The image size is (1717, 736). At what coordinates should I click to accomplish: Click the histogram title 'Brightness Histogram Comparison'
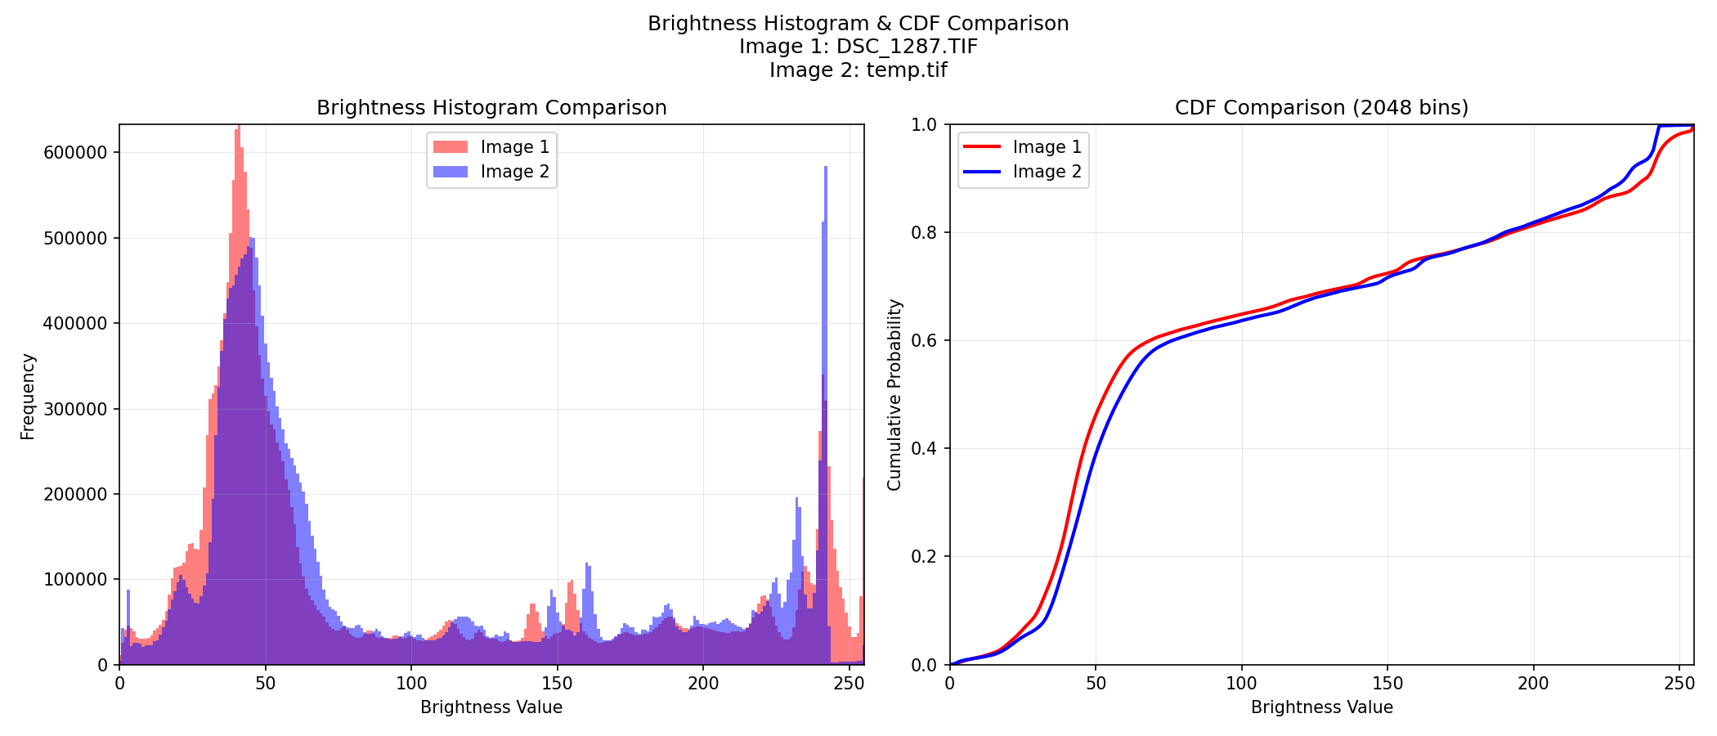pyautogui.click(x=491, y=108)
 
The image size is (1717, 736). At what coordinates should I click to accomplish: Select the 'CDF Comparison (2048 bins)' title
pyautogui.click(x=1321, y=108)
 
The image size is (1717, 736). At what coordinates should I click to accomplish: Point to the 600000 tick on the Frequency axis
pyautogui.click(x=78, y=153)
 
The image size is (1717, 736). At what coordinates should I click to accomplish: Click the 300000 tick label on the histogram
pyautogui.click(x=78, y=409)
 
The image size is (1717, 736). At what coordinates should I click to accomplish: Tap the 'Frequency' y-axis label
pyautogui.click(x=28, y=396)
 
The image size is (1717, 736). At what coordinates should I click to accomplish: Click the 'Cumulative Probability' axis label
pyautogui.click(x=894, y=395)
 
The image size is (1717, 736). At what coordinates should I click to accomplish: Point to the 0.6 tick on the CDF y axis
pyautogui.click(x=928, y=341)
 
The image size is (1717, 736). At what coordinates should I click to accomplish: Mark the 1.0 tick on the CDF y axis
pyautogui.click(x=928, y=125)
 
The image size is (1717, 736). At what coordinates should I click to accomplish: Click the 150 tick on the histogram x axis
pyautogui.click(x=557, y=684)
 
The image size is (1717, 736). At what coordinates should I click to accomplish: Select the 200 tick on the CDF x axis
pyautogui.click(x=1533, y=684)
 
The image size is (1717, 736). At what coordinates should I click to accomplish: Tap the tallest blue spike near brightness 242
pyautogui.click(x=826, y=169)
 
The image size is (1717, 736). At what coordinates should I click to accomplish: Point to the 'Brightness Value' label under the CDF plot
pyautogui.click(x=1321, y=707)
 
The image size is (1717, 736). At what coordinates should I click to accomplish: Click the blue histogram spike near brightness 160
pyautogui.click(x=587, y=566)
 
